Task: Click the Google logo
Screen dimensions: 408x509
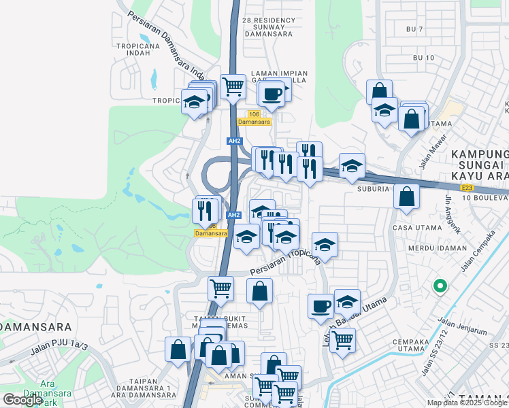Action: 23,400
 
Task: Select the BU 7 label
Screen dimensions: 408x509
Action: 414,29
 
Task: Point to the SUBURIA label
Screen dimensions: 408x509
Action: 373,189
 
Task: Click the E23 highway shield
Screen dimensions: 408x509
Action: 466,187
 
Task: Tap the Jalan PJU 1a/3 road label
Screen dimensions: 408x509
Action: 59,350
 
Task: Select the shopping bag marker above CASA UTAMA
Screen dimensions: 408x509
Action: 406,197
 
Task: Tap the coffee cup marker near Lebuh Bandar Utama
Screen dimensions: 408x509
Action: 321,306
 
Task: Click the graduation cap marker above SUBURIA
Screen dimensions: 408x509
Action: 352,166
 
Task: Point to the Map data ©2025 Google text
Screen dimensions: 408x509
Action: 467,403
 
